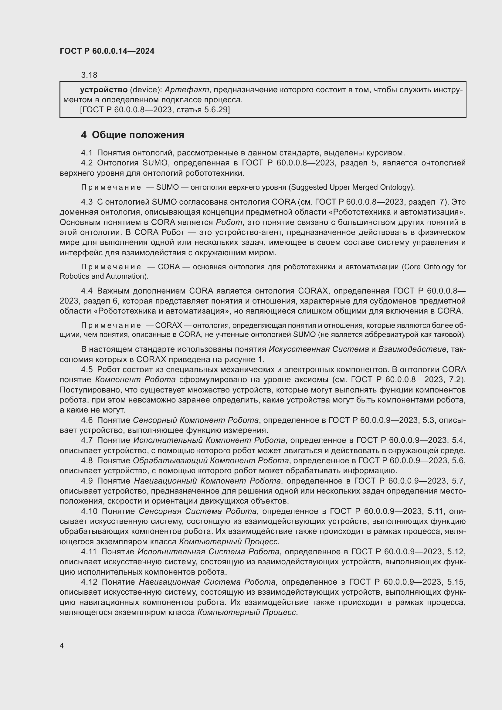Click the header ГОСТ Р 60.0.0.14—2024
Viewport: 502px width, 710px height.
pos(107,51)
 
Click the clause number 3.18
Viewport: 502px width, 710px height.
pos(89,75)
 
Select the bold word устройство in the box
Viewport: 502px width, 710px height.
pos(103,90)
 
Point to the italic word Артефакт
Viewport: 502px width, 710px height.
pos(187,90)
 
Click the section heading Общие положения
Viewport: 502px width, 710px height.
pos(138,135)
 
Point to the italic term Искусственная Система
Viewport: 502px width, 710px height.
pos(319,349)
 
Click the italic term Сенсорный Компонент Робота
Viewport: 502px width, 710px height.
pos(196,420)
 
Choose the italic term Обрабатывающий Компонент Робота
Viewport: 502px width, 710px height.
pos(211,460)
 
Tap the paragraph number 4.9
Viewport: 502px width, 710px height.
pos(87,481)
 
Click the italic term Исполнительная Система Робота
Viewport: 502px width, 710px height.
pos(208,552)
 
